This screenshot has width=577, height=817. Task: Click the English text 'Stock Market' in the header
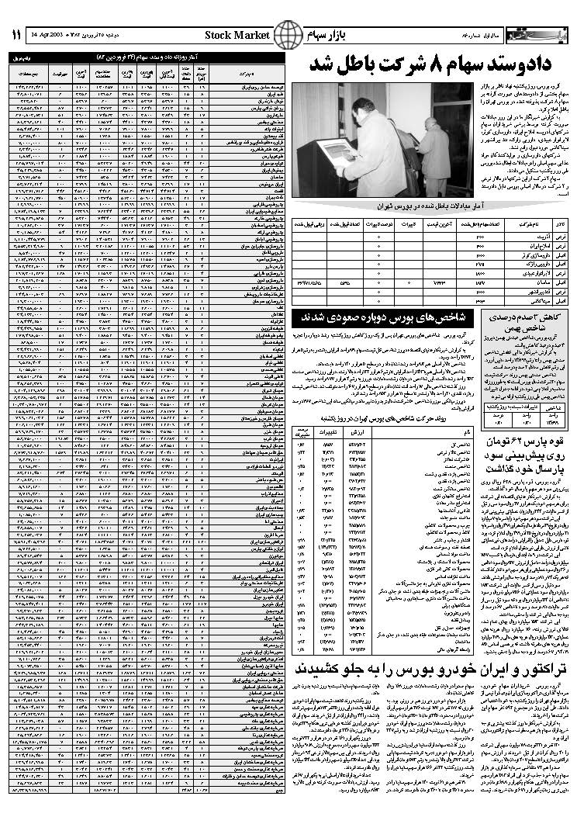238,36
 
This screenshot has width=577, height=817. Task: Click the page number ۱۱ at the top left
15,36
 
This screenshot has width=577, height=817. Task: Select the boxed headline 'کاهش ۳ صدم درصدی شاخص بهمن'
519,322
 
